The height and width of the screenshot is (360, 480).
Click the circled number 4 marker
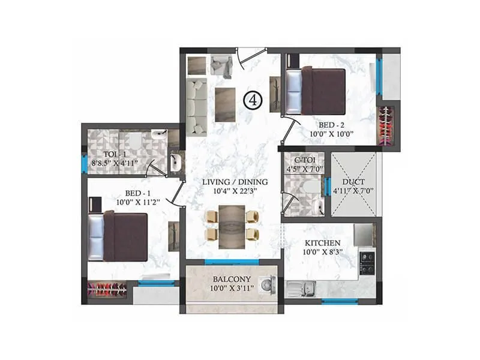[253, 101]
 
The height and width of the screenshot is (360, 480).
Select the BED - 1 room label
[136, 193]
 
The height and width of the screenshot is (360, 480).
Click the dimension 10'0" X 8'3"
[319, 252]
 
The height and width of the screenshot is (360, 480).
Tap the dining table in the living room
[232, 223]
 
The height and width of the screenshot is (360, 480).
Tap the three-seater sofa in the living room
[196, 106]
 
